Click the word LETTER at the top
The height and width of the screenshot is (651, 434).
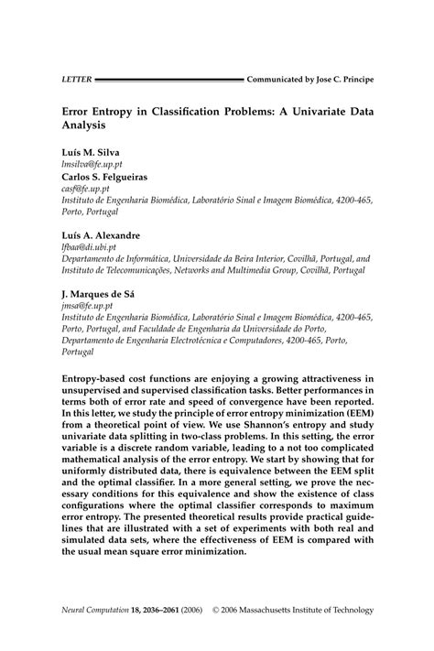tap(76, 80)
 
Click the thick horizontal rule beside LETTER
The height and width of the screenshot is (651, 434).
tap(168, 80)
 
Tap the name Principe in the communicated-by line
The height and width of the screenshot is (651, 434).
tap(353, 80)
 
